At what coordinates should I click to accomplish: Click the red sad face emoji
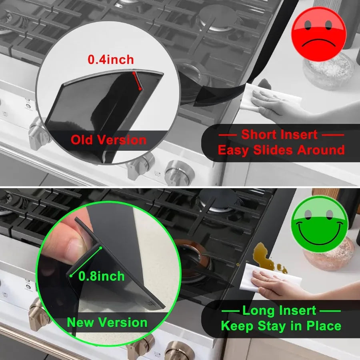click(x=319, y=34)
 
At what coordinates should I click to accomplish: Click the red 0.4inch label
click(x=111, y=60)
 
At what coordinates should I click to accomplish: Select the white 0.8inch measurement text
click(x=102, y=276)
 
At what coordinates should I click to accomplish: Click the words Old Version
click(x=109, y=140)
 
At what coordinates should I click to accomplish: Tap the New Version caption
click(x=107, y=322)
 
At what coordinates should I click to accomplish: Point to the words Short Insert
click(x=279, y=134)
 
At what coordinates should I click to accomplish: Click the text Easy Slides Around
click(x=281, y=150)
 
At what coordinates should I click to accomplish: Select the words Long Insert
click(x=281, y=310)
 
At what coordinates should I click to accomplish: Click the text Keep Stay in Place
click(x=281, y=326)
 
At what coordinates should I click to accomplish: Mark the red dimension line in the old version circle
click(x=137, y=81)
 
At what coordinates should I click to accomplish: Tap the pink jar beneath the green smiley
click(x=328, y=256)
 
